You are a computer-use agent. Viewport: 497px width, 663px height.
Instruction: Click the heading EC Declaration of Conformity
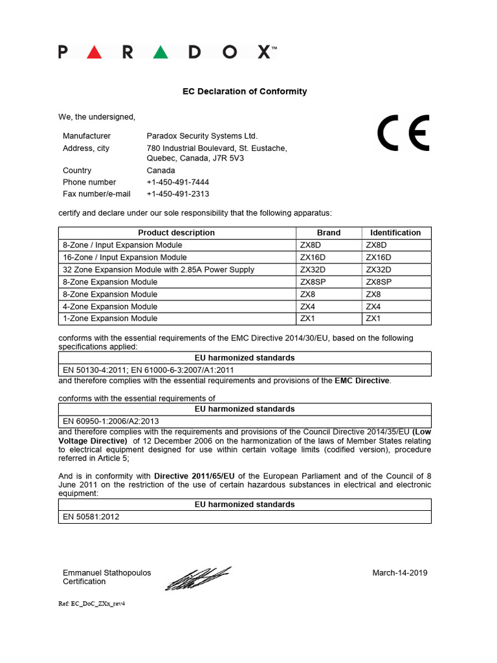(245, 91)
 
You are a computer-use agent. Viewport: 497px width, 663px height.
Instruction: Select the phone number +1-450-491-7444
(178, 182)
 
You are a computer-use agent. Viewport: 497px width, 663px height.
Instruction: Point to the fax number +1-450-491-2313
(178, 194)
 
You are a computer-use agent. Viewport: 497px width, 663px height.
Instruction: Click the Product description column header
(177, 232)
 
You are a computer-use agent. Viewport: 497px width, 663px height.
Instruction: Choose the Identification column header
(395, 232)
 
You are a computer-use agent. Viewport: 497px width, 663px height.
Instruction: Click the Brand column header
(329, 232)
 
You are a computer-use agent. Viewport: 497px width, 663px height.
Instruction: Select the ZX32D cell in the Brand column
(313, 269)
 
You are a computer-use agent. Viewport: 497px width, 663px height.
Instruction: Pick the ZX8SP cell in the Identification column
(379, 282)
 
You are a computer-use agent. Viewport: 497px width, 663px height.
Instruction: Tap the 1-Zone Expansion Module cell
(110, 318)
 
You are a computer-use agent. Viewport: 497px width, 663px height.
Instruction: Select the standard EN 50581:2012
(91, 517)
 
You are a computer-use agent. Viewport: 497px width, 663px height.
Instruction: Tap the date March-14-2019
(400, 572)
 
